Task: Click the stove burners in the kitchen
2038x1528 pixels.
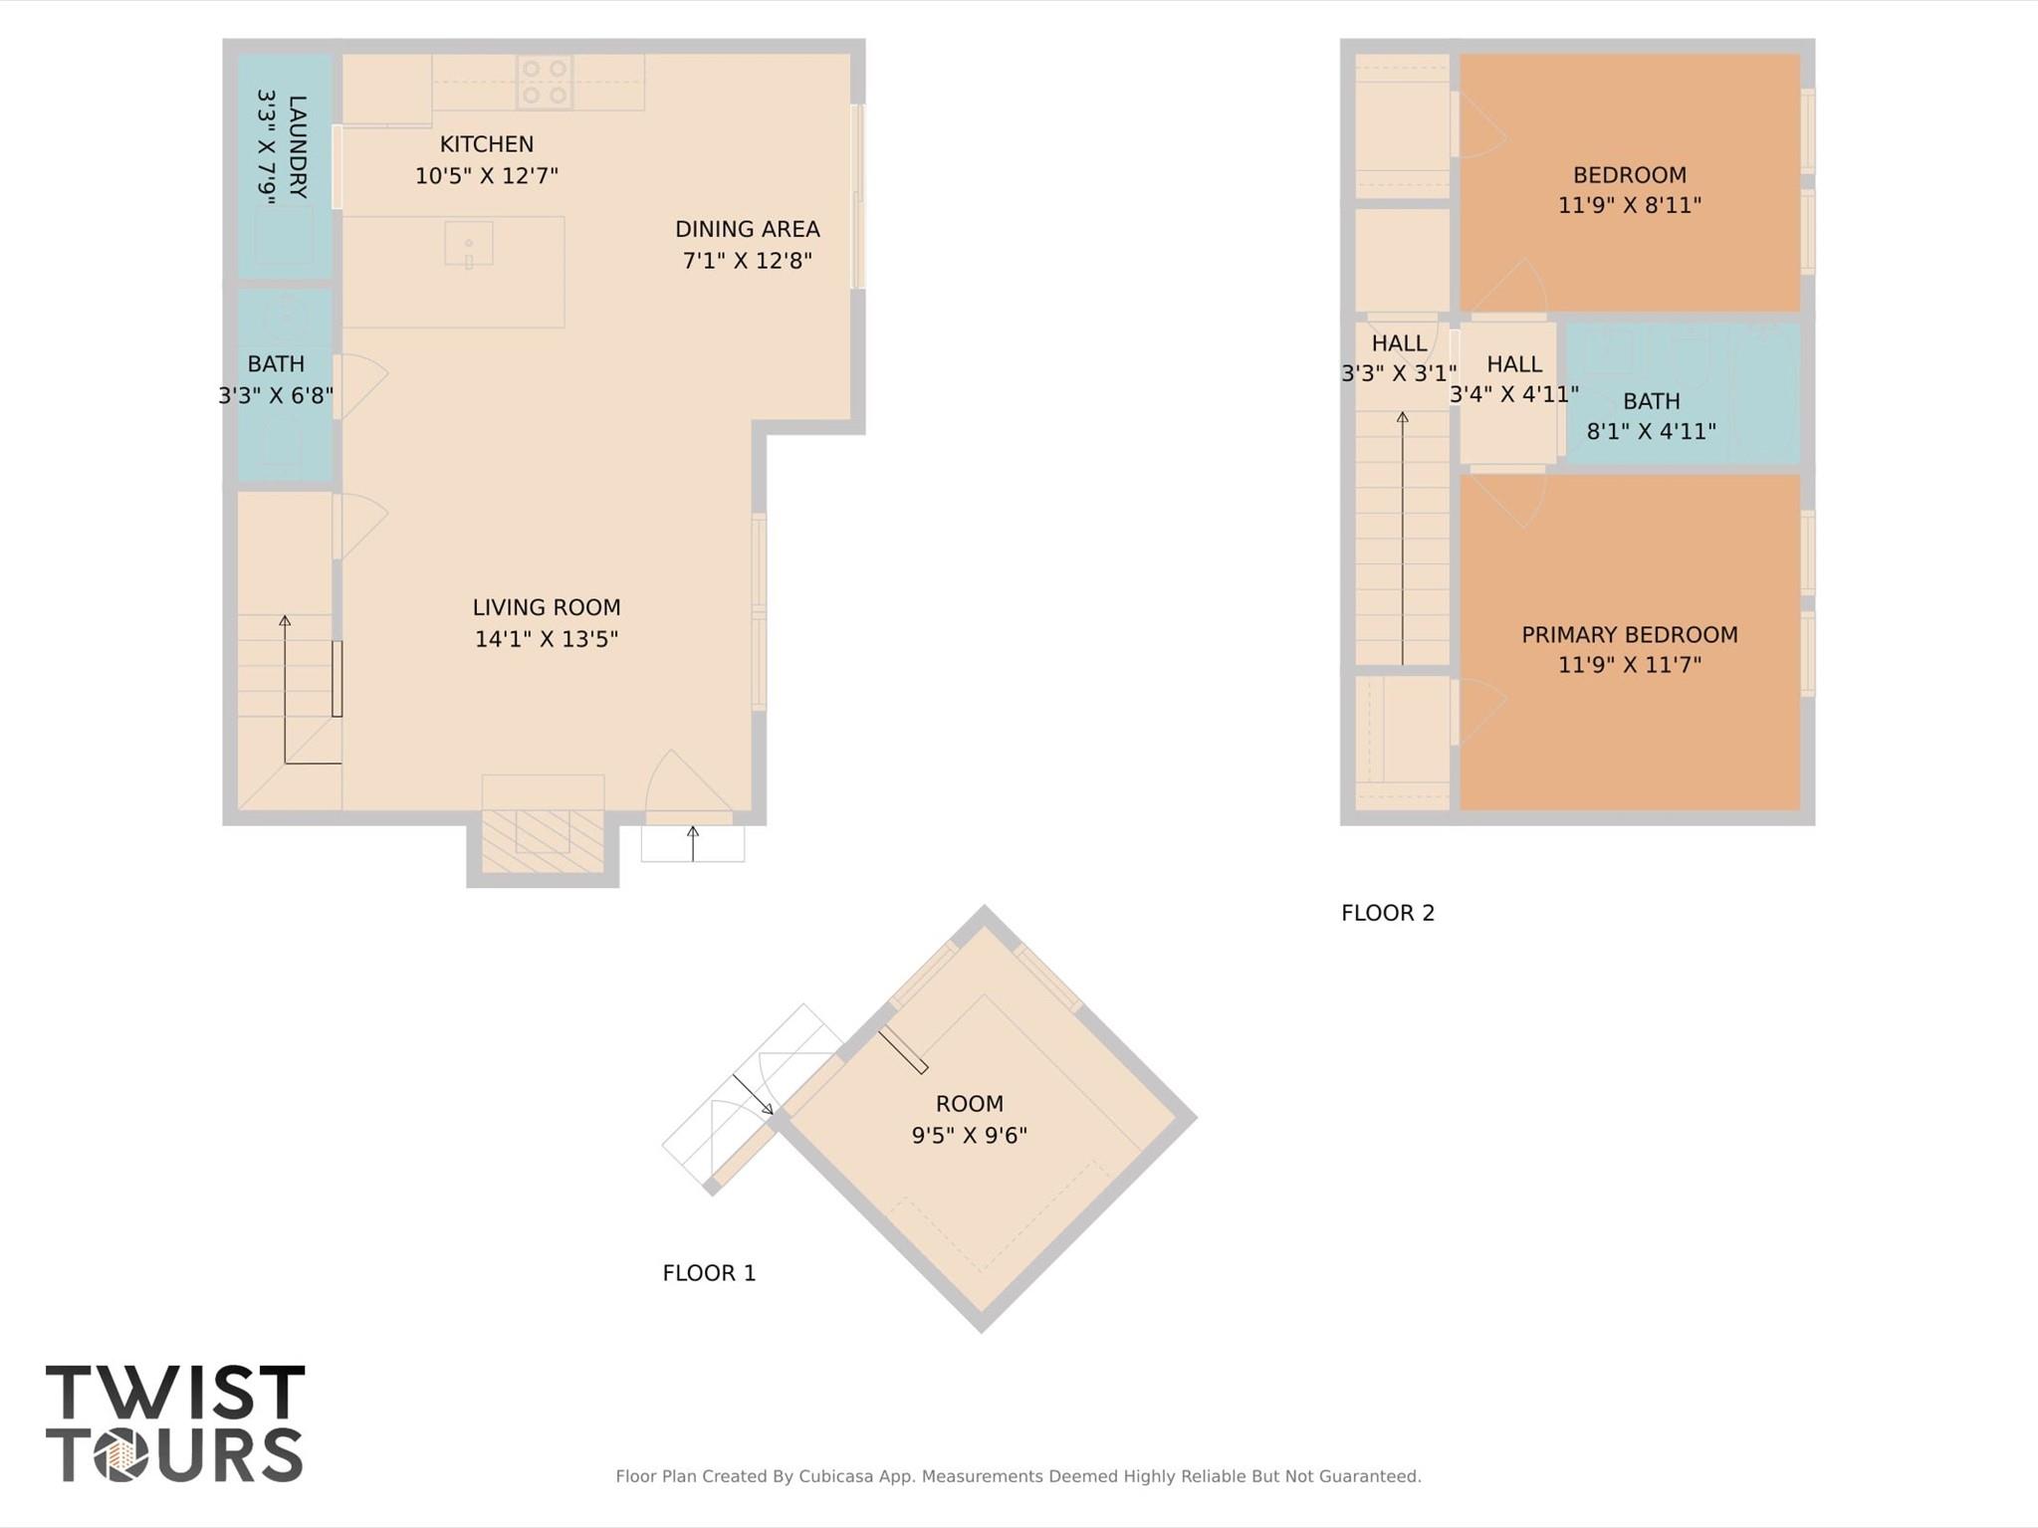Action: [x=545, y=82]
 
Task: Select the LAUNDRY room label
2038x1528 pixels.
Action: [x=297, y=146]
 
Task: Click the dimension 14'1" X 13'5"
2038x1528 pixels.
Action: [x=547, y=639]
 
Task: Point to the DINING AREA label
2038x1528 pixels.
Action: [x=747, y=229]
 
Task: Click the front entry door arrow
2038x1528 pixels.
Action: [x=693, y=842]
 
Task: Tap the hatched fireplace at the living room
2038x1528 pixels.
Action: [x=543, y=841]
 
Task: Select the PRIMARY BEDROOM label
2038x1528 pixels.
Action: [x=1629, y=635]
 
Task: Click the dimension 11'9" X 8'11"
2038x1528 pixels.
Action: [x=1629, y=205]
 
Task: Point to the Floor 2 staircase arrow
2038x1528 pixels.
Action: [x=1402, y=538]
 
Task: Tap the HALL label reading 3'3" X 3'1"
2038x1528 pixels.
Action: [x=1399, y=343]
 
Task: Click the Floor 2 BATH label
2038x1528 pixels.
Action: [x=1651, y=401]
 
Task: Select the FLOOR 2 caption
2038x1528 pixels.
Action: [x=1388, y=913]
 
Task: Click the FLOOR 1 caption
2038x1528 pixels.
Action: [x=709, y=1273]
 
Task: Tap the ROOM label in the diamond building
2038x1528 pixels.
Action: [x=969, y=1104]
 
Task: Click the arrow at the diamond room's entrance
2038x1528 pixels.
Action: [x=754, y=1094]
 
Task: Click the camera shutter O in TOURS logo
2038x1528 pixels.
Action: [x=121, y=1455]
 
